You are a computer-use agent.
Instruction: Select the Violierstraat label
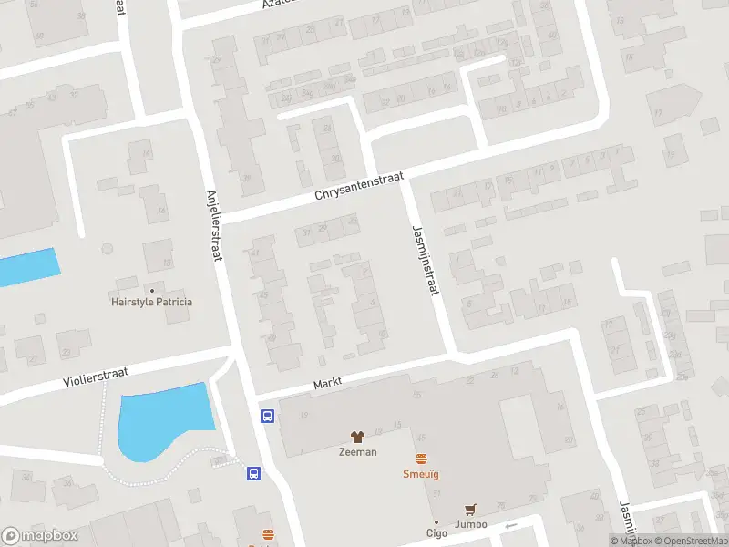[95, 377]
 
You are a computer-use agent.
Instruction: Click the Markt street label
[327, 385]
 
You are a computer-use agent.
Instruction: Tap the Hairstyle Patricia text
[151, 303]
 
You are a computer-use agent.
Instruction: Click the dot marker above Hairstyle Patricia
[151, 291]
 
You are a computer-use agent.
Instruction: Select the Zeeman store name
[357, 452]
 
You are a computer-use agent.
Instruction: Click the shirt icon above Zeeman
[357, 438]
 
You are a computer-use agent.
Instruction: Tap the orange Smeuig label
[421, 474]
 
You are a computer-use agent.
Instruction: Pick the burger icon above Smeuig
[421, 459]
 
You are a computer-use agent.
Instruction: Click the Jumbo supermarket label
[471, 524]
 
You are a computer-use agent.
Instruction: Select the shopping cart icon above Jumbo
[471, 510]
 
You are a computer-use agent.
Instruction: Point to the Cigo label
[436, 533]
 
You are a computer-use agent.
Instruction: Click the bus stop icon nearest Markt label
[268, 416]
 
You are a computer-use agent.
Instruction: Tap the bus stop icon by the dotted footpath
[253, 473]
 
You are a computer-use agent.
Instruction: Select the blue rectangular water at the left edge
[27, 267]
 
